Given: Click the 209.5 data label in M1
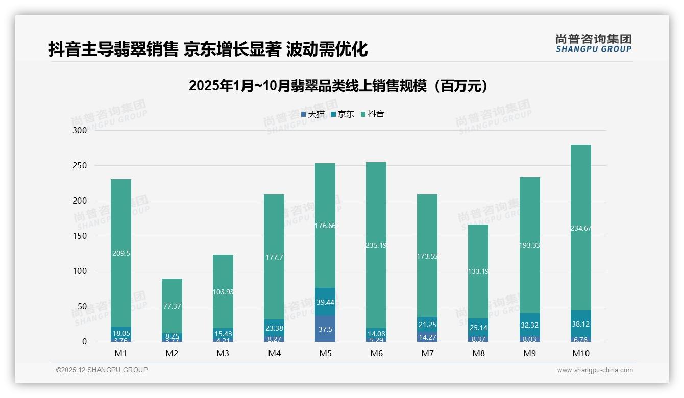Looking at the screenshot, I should [x=120, y=253].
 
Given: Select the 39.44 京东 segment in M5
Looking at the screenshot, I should [x=325, y=302].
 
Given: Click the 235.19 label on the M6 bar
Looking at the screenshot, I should [x=376, y=245].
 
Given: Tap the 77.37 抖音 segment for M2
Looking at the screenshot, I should [x=172, y=306].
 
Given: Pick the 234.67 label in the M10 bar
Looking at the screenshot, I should [x=580, y=228].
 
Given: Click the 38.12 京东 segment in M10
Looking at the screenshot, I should [x=580, y=324].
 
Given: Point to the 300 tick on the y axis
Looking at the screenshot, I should [x=81, y=130].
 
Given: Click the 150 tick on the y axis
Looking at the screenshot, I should [x=81, y=236].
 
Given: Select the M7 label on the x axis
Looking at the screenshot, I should [x=427, y=353].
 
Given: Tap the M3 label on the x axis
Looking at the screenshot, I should [x=223, y=353].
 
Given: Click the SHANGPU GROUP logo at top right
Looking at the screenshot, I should [x=593, y=43].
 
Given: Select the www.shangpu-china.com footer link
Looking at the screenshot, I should [x=595, y=370].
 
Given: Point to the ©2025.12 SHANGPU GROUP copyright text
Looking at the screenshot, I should [x=102, y=370].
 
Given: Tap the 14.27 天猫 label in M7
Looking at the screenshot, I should [x=427, y=337].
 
